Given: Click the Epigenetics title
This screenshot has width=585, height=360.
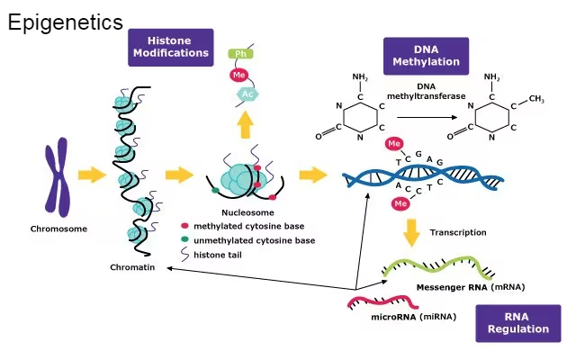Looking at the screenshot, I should click(x=65, y=22).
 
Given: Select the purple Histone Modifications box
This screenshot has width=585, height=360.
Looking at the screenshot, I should click(x=170, y=47).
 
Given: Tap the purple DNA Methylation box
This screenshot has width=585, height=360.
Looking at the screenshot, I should click(x=426, y=56).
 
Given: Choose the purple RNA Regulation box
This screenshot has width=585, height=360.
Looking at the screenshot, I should click(x=517, y=322).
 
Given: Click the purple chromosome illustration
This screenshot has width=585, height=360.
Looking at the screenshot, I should click(x=58, y=182).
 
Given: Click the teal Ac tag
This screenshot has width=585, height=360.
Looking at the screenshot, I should click(x=247, y=94).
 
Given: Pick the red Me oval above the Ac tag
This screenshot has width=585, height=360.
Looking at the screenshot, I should click(x=240, y=75).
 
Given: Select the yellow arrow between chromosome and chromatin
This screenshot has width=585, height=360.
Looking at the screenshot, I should click(x=92, y=175).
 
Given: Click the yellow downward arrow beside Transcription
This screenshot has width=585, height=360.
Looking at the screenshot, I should click(x=411, y=232).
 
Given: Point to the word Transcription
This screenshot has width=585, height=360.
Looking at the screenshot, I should click(x=458, y=232).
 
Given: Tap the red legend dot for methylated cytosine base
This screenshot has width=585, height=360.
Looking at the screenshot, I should click(x=185, y=226).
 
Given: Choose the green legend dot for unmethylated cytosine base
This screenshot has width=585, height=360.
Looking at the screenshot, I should click(x=185, y=240).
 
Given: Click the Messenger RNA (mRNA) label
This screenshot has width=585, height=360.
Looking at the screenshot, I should click(x=470, y=287).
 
